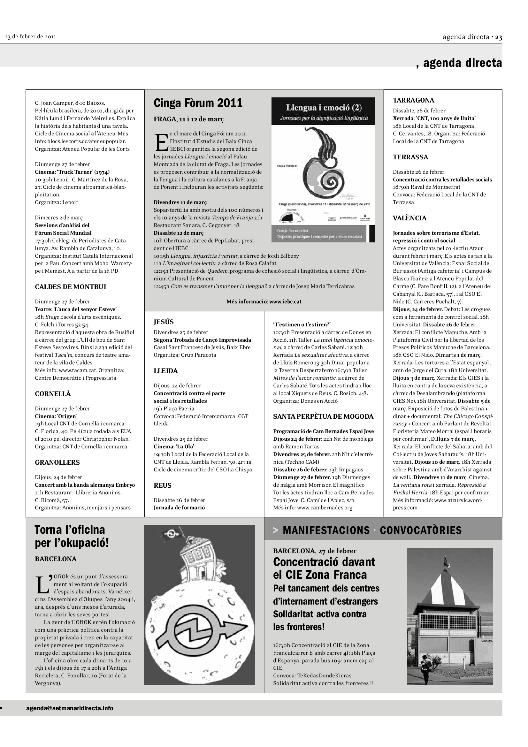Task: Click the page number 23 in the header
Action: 498,37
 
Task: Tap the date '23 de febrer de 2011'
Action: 30,36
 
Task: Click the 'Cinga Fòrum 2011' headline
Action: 198,103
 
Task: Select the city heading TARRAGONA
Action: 413,100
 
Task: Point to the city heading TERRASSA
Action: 410,157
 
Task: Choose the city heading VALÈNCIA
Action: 409,218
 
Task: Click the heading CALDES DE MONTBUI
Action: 70,286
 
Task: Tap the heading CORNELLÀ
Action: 53,394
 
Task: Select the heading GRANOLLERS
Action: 57,462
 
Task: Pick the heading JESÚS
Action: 164,322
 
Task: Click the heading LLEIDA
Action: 165,370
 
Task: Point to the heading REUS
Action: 162,485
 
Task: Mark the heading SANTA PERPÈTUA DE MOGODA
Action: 323,416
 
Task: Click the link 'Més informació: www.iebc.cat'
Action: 264,301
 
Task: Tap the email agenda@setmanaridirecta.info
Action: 70,708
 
